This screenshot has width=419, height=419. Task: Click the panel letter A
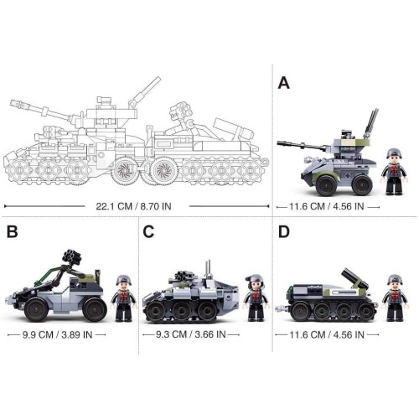(284, 83)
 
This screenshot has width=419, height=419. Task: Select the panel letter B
(13, 231)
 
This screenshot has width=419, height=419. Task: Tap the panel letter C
(148, 231)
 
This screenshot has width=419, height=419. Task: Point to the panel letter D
(284, 231)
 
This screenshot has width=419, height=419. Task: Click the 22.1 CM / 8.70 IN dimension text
(133, 206)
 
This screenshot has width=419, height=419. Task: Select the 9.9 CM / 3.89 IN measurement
(57, 334)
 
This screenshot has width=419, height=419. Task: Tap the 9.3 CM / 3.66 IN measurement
(191, 334)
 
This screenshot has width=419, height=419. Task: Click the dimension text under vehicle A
(327, 207)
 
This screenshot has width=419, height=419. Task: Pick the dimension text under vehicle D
(327, 334)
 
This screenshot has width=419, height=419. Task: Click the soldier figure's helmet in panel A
(394, 153)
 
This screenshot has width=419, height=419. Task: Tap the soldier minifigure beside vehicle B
(124, 298)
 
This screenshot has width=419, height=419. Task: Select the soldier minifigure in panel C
(256, 297)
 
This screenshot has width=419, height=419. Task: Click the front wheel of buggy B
(36, 309)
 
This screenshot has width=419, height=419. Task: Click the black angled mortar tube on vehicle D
(354, 279)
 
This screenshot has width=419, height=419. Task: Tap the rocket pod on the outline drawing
(178, 111)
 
